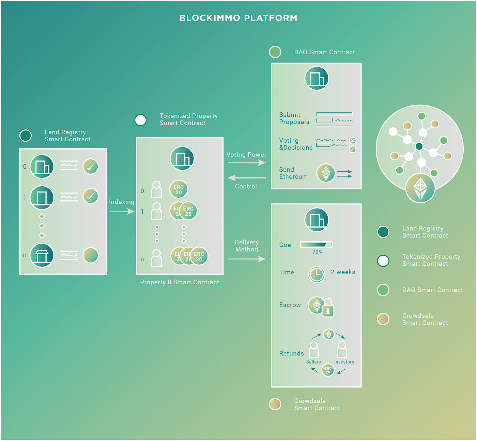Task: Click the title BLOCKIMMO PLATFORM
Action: pyautogui.click(x=238, y=18)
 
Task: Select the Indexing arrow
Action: pyautogui.click(x=122, y=212)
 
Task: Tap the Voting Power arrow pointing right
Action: pyautogui.click(x=246, y=163)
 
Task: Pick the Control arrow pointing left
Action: pyautogui.click(x=246, y=178)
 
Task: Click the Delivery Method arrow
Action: pyautogui.click(x=246, y=259)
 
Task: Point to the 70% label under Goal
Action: pyautogui.click(x=317, y=252)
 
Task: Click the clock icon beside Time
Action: pyautogui.click(x=317, y=274)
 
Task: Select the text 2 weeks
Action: pyautogui.click(x=343, y=272)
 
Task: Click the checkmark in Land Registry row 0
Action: pyautogui.click(x=91, y=167)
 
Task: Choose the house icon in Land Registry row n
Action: pyautogui.click(x=42, y=255)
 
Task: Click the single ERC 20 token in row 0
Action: pyautogui.click(x=179, y=189)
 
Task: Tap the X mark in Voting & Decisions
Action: pyautogui.click(x=353, y=141)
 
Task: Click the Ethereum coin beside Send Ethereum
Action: pyautogui.click(x=326, y=173)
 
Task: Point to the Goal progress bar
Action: pyautogui.click(x=316, y=244)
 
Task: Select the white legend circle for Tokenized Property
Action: pyautogui.click(x=383, y=260)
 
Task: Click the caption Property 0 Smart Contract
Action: pyautogui.click(x=180, y=282)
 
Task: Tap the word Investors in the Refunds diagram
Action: pyautogui.click(x=344, y=362)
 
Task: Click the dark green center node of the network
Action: pyautogui.click(x=419, y=146)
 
